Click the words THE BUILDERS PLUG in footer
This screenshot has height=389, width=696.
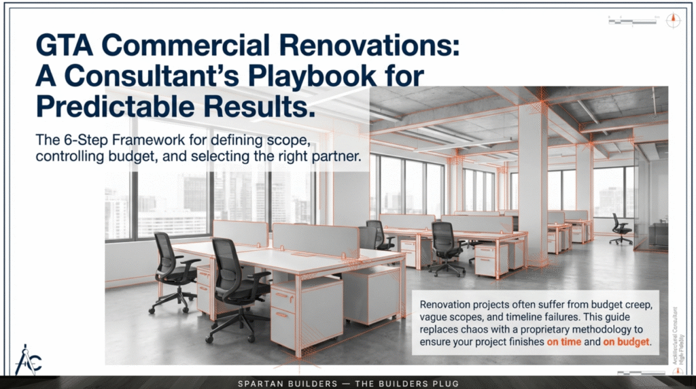click(x=408, y=384)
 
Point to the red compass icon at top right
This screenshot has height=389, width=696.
click(x=673, y=20)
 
